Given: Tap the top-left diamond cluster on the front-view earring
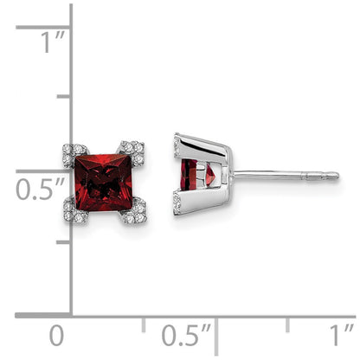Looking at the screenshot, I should [75, 151].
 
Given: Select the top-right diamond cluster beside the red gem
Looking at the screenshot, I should [132, 148].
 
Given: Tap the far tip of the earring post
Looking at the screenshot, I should [336, 176].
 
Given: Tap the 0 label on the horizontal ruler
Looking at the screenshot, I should [57, 335].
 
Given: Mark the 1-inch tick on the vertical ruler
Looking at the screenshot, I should [43, 27].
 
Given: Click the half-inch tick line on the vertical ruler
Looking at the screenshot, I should [43, 170].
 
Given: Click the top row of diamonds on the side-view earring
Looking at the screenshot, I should [177, 143].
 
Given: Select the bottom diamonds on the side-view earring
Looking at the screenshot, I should [177, 204].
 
